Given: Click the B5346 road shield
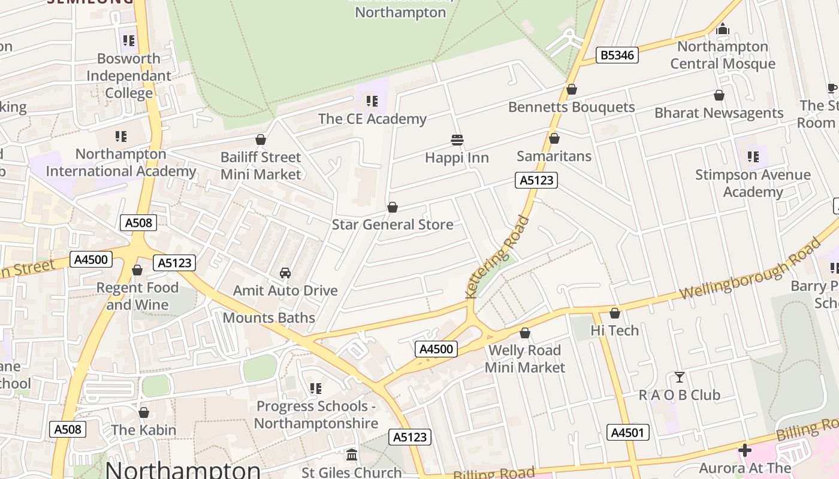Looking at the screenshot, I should [x=618, y=56].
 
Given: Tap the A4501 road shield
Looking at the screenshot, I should [x=628, y=432].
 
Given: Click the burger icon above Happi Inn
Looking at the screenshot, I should [x=457, y=140].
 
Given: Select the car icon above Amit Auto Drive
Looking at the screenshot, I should [x=285, y=273].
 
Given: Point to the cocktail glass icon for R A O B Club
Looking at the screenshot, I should [x=679, y=377].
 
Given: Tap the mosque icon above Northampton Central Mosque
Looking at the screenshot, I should [x=723, y=29].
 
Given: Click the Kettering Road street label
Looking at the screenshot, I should [x=497, y=257].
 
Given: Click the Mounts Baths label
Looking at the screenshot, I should [x=269, y=317].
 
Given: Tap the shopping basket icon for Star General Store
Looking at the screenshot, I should [x=393, y=207].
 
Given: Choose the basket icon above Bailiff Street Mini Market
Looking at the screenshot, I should [x=261, y=140].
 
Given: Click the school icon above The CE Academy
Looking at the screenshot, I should [x=372, y=101].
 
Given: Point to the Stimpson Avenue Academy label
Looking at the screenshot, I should [x=753, y=183].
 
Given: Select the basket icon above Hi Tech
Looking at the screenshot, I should [x=615, y=313].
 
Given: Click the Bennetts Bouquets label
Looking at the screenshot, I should [x=571, y=107].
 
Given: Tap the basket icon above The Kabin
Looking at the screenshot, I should [x=144, y=413].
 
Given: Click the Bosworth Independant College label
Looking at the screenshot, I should [x=129, y=76].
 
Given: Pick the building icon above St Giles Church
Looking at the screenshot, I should [x=352, y=454].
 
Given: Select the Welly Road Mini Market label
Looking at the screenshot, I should [x=525, y=359].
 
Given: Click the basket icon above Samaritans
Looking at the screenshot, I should [x=554, y=138].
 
